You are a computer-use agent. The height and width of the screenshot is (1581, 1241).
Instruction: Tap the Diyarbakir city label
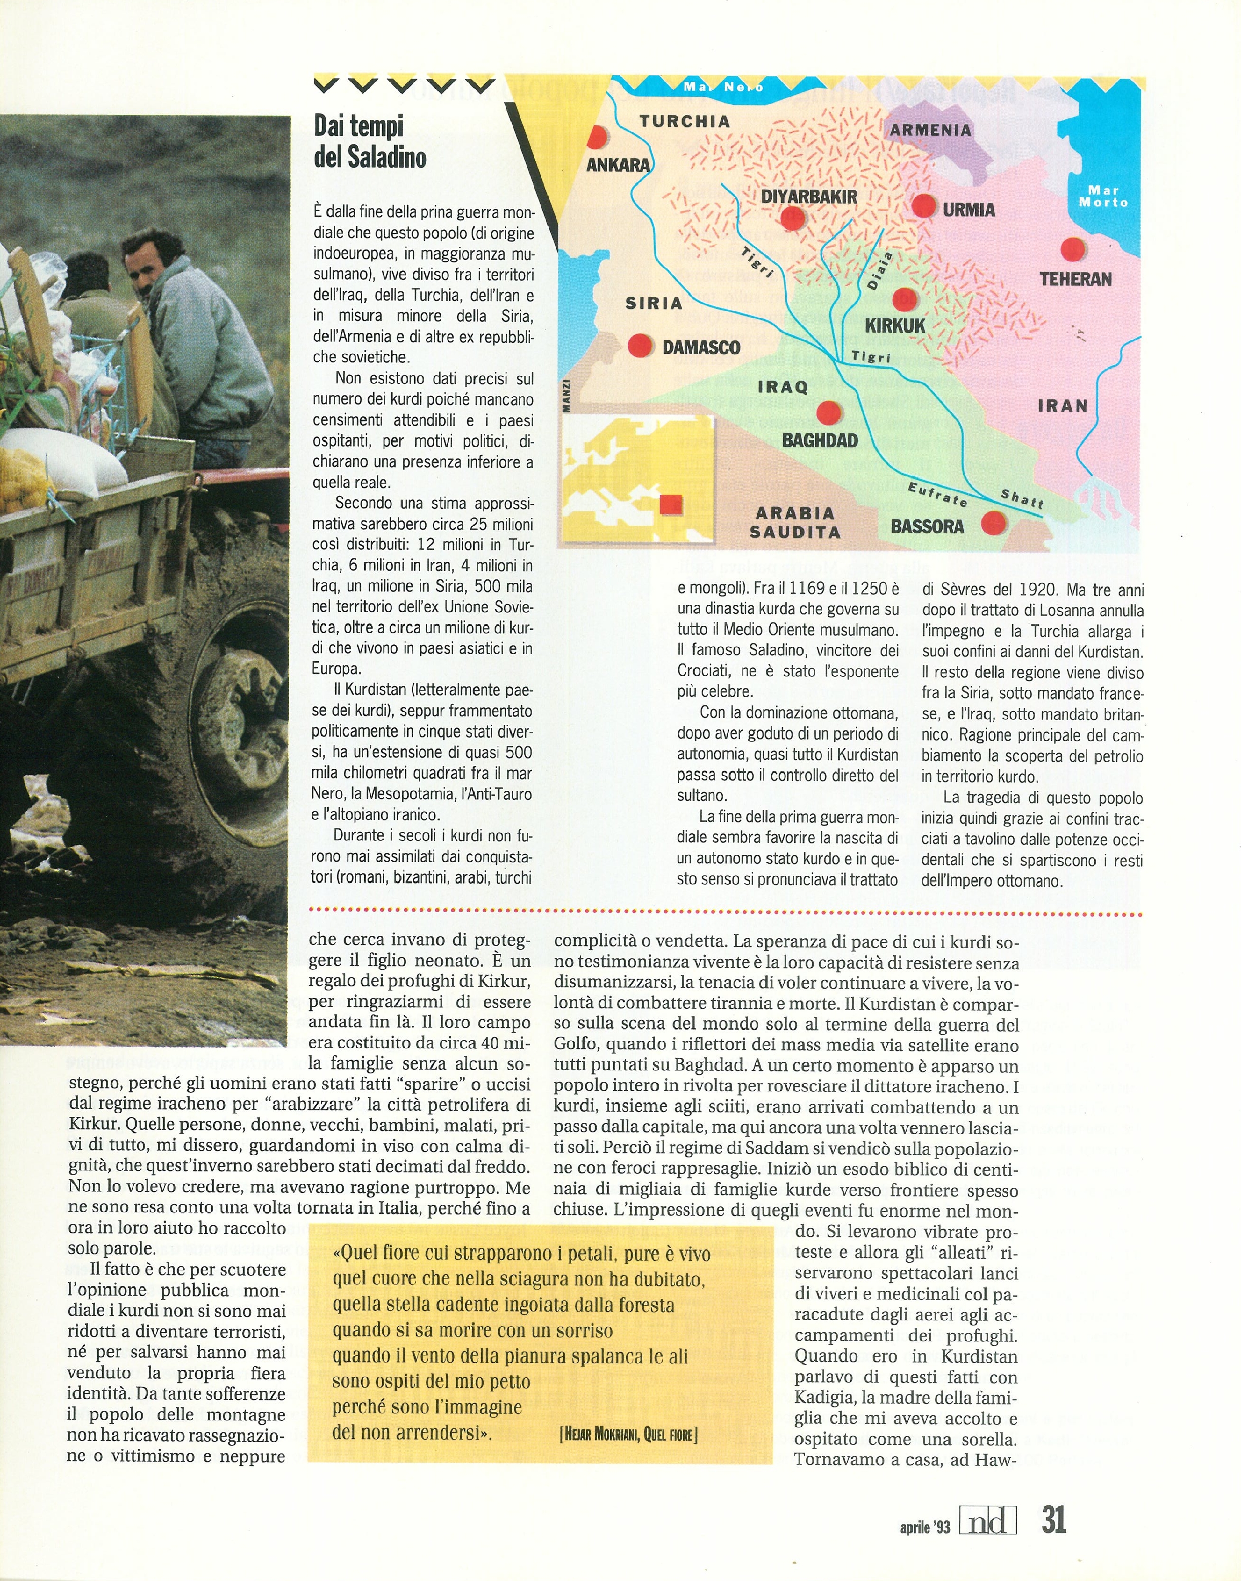pyautogui.click(x=809, y=196)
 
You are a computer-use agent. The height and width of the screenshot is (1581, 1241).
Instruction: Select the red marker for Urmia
pyautogui.click(x=924, y=206)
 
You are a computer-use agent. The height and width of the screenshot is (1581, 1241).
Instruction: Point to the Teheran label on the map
pyautogui.click(x=1075, y=279)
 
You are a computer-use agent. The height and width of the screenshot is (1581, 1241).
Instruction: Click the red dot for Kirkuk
pyautogui.click(x=904, y=299)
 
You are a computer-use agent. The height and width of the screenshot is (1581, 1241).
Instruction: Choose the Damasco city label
pyautogui.click(x=701, y=347)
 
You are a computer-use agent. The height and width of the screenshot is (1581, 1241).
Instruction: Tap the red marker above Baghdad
pyautogui.click(x=828, y=413)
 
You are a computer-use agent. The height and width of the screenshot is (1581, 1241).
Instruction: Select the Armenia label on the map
pyautogui.click(x=930, y=131)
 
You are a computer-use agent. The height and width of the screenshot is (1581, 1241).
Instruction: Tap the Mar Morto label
pyautogui.click(x=1103, y=196)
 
